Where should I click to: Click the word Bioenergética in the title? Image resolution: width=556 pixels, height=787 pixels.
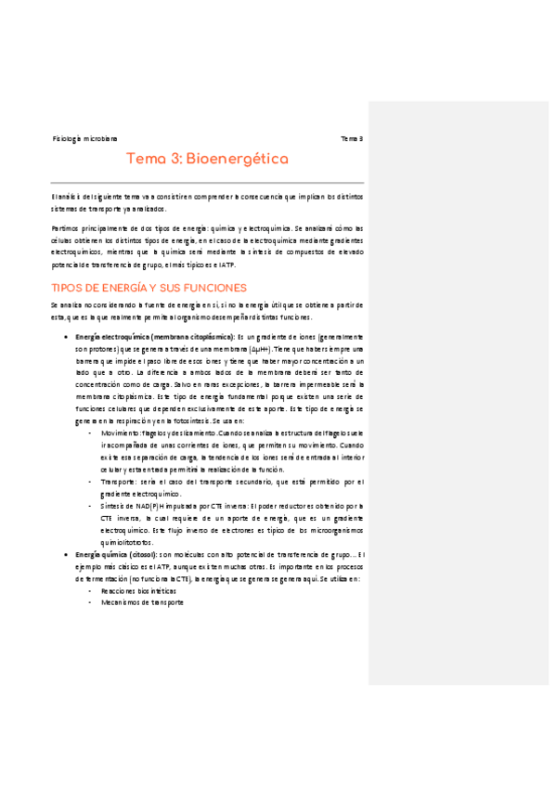pos(238,160)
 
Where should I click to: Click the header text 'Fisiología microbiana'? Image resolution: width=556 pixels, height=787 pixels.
pos(84,138)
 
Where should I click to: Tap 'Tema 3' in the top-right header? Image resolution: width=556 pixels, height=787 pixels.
pos(352,138)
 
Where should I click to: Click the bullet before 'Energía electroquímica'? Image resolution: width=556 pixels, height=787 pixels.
pos(65,336)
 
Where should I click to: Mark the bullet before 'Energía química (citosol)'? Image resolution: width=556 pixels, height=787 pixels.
pos(65,554)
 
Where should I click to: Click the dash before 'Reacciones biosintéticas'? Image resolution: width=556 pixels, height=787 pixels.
pos(89,590)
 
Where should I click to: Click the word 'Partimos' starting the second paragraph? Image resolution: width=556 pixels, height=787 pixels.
pos(66,227)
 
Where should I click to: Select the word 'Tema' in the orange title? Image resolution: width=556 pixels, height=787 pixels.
pos(145,160)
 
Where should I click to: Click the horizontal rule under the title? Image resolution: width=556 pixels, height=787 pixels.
pos(208,181)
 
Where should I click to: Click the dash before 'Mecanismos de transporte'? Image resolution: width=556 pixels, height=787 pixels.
pos(89,602)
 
